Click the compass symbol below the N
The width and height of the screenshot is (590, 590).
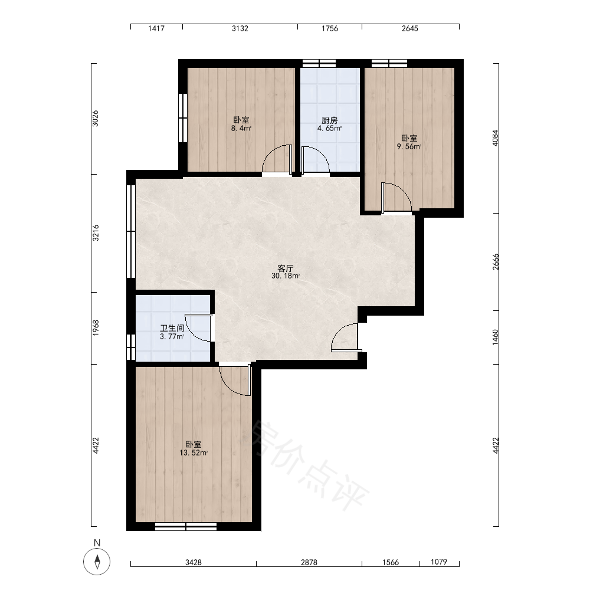tap(97, 562)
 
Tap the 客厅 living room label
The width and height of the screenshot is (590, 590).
tap(285, 268)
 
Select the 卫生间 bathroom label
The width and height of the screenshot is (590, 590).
tap(172, 328)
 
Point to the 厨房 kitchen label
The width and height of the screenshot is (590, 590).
tap(330, 120)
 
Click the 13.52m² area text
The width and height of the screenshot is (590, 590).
tap(194, 453)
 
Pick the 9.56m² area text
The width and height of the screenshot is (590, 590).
tap(409, 146)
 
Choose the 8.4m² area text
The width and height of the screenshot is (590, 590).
tap(241, 128)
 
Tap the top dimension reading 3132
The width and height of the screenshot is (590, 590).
tap(240, 28)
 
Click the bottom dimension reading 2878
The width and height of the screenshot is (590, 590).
tap(309, 562)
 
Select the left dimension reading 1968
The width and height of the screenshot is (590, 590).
tap(96, 327)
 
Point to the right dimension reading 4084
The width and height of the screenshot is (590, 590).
tap(495, 138)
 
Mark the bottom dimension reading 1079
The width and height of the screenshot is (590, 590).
tap(439, 562)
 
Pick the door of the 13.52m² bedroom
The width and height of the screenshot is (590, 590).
tap(235, 380)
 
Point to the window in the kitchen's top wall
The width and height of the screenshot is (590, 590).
tap(319, 63)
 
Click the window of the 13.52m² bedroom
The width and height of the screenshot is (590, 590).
tap(186, 526)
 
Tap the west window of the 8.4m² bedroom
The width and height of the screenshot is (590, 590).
tap(183, 118)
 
